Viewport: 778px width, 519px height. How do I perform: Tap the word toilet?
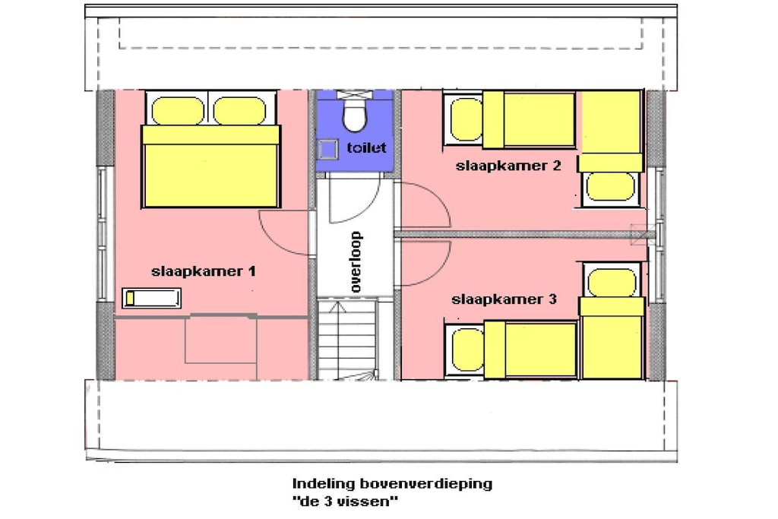pos(366,147)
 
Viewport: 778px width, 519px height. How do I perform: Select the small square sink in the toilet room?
pos(328,150)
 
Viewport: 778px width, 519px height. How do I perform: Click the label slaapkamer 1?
pos(204,271)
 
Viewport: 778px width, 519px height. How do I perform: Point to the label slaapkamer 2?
pos(508,166)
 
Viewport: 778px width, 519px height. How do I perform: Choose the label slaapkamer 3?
pos(504,299)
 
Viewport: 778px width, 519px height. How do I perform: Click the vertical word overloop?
pos(356,261)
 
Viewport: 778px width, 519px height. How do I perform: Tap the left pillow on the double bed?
pos(178,111)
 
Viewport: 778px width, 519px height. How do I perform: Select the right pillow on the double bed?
pos(239,111)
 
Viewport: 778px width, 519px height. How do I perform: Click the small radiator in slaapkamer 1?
pos(151,298)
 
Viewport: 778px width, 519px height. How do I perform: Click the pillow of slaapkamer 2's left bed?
pos(466,121)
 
